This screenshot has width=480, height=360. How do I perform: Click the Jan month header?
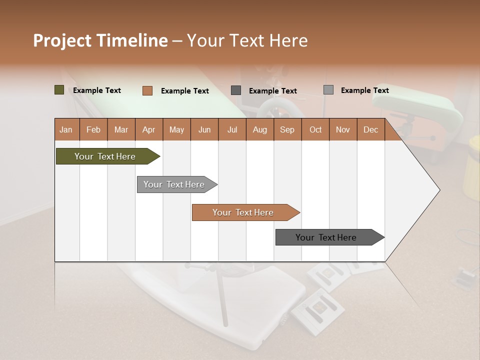66,129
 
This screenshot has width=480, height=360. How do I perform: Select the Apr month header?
148,129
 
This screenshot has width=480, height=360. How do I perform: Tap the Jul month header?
232,129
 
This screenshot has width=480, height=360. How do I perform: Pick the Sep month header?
287,129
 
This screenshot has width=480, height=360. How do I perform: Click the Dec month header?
370,129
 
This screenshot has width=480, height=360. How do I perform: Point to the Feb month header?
93,129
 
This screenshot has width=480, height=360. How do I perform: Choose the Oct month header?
315,129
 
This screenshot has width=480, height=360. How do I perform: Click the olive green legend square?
59,90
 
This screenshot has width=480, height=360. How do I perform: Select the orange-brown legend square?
147,90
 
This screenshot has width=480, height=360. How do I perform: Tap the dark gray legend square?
236,90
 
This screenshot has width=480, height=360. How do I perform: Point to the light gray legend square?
328,90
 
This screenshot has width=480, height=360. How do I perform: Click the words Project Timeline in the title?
100,40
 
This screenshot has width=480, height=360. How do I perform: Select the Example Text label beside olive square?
97,90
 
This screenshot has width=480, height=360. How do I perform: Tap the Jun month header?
204,129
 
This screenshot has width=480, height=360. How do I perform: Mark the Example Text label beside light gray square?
365,90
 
